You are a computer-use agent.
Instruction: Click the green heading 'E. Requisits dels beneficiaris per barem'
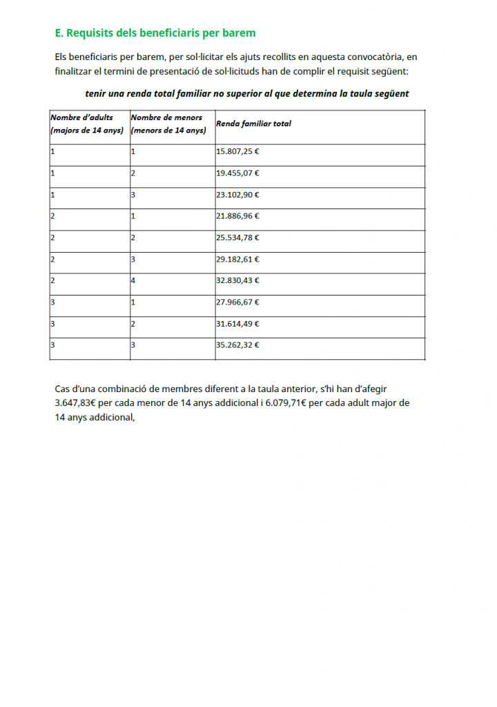[155, 32]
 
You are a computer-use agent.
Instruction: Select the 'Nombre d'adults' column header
[82, 117]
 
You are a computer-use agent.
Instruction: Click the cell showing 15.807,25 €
[237, 151]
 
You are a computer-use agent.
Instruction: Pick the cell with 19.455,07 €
[237, 173]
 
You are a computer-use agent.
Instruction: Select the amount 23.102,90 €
[237, 194]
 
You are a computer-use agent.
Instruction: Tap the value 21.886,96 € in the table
[237, 215]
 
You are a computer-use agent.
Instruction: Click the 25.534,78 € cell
[237, 238]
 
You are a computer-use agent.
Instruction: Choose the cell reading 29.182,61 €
[237, 259]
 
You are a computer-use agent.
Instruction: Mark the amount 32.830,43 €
[237, 280]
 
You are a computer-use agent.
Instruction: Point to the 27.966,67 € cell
[237, 302]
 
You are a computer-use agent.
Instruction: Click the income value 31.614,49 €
[237, 323]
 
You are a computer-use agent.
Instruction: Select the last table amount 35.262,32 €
[237, 345]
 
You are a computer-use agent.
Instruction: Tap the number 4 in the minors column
[133, 280]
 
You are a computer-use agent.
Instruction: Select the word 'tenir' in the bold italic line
[95, 93]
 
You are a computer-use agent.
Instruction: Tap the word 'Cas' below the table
[62, 389]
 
